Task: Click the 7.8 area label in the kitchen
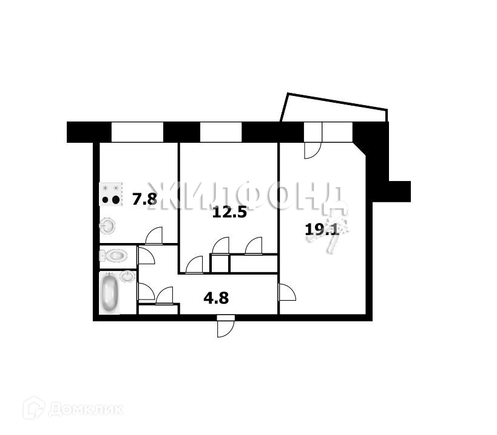(x=144, y=199)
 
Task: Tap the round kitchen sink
(x=108, y=227)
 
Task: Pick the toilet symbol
(x=115, y=256)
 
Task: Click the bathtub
(x=109, y=294)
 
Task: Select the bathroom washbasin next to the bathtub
(x=127, y=276)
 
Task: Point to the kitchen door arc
(x=155, y=235)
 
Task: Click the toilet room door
(x=146, y=255)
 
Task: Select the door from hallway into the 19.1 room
(x=286, y=292)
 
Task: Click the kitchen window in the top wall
(x=137, y=131)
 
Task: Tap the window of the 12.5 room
(x=221, y=131)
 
